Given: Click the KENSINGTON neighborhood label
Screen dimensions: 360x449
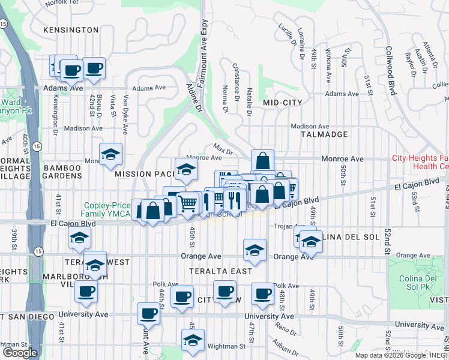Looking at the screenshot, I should (x=71, y=29).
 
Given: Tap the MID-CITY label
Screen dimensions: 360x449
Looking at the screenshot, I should (x=282, y=103).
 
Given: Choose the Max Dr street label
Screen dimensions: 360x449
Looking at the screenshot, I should (x=222, y=147).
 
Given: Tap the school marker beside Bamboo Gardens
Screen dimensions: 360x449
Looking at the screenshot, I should (x=111, y=155).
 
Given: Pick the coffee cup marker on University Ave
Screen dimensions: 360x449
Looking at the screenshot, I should (x=148, y=313).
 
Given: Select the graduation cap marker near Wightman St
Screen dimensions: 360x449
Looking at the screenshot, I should (x=193, y=340).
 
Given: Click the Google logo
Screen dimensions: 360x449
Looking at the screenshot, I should (x=20, y=352).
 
